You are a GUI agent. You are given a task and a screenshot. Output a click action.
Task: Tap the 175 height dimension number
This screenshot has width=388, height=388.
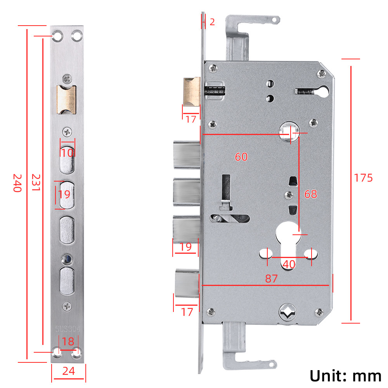(x=363, y=178)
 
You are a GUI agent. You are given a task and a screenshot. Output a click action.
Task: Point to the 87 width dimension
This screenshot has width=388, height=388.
(x=271, y=279)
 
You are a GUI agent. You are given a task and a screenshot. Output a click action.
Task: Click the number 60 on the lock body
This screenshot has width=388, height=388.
(x=241, y=157)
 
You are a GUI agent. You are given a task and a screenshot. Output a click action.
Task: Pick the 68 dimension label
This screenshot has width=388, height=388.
(x=310, y=194)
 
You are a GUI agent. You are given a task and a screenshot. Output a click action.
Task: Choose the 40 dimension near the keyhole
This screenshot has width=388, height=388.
(x=289, y=264)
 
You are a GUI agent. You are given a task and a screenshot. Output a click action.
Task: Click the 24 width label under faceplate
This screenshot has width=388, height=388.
(x=68, y=371)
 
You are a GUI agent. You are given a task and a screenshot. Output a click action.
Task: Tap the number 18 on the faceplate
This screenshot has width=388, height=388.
(x=68, y=341)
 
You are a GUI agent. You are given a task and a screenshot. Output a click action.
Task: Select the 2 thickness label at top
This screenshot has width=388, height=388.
(x=212, y=22)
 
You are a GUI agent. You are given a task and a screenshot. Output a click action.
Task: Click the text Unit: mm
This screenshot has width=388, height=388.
(x=345, y=376)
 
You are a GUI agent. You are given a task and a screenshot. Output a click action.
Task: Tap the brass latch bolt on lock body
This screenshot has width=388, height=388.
(x=191, y=91)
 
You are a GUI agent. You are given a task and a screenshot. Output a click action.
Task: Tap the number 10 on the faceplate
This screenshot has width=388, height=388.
(x=68, y=152)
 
